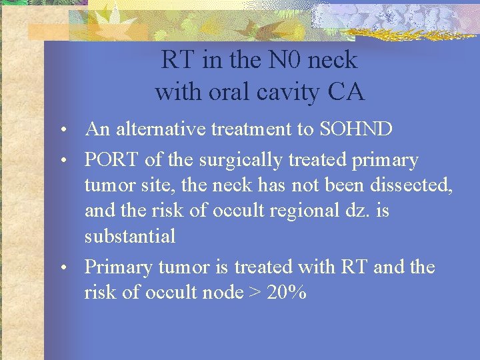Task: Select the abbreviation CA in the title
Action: coord(346,92)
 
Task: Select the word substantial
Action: coord(130,236)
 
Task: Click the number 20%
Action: coord(287,292)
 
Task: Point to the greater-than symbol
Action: coord(254,293)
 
